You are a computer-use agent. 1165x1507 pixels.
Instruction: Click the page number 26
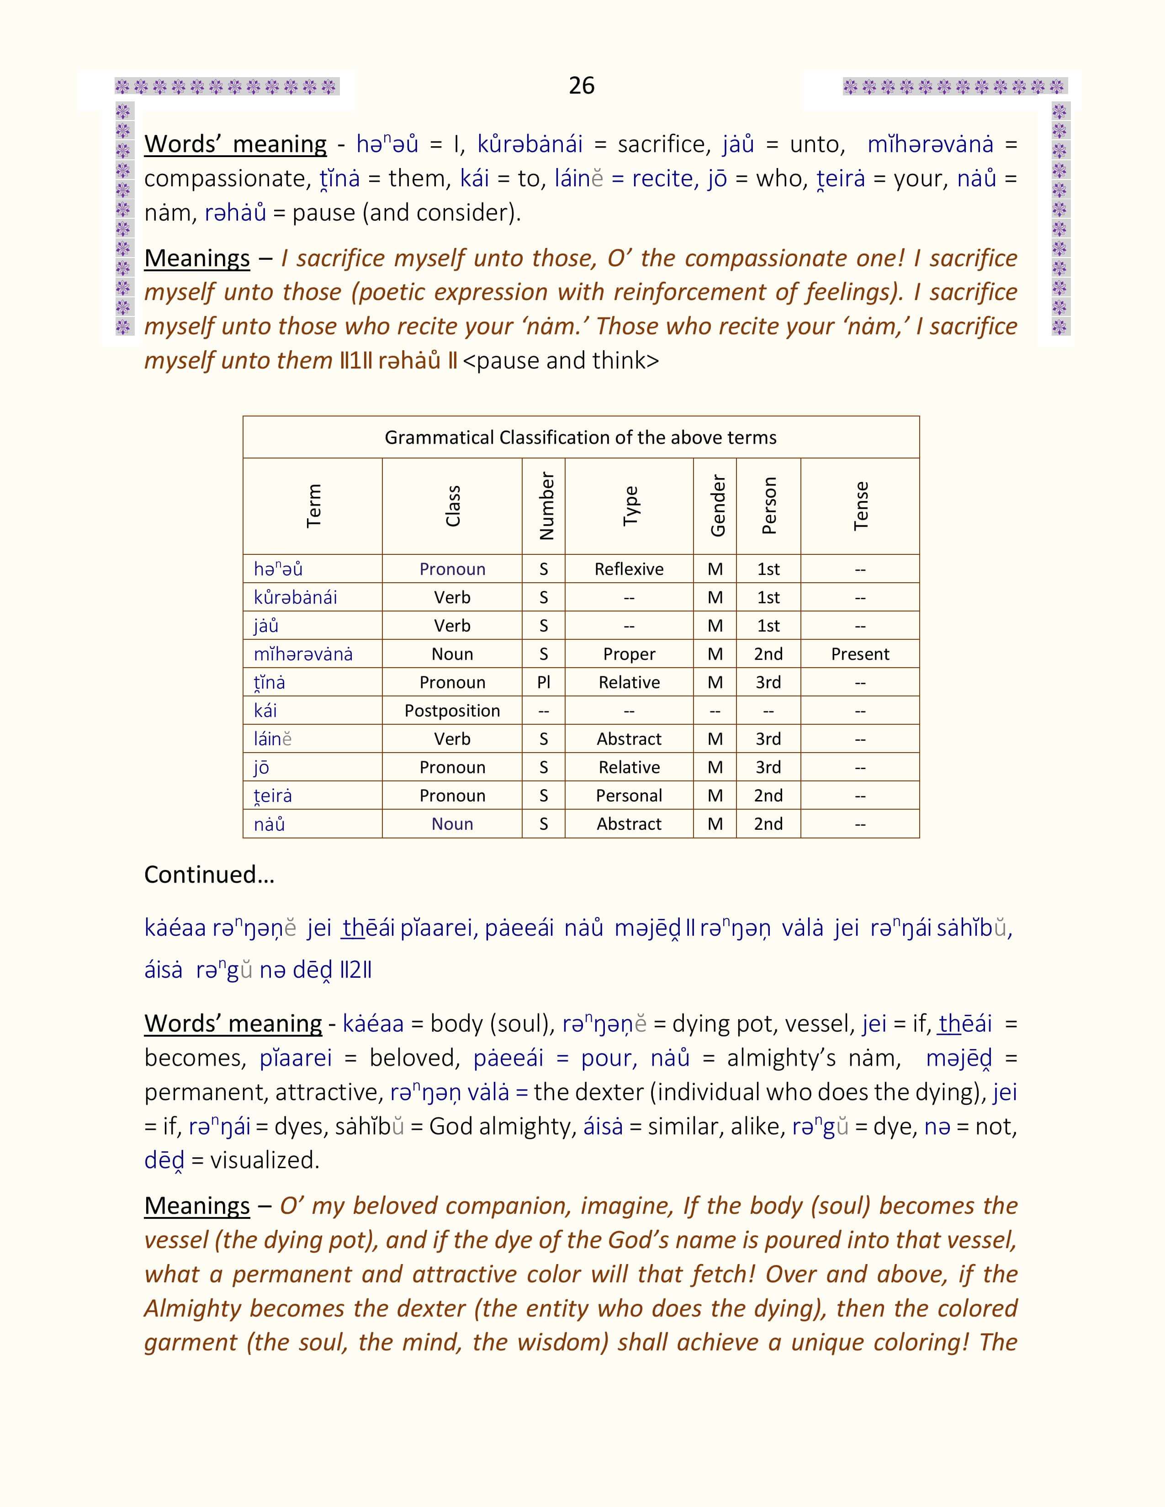581,85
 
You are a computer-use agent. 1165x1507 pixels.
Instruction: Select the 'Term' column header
313,506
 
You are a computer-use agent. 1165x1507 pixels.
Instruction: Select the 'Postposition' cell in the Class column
452,711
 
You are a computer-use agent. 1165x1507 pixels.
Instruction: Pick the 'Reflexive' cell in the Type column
629,569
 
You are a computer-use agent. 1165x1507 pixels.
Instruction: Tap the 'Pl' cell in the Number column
543,682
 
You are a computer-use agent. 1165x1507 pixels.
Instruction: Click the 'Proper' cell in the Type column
629,654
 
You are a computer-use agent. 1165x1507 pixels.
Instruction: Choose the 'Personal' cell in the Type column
629,796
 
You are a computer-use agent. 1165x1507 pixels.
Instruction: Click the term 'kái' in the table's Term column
266,711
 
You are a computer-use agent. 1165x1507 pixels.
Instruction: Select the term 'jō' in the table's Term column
262,767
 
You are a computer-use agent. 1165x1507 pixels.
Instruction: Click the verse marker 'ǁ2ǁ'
356,970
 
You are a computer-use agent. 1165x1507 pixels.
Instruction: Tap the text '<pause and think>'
561,361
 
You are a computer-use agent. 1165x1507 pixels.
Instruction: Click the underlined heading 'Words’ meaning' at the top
235,144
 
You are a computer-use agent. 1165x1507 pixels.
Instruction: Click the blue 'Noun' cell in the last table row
452,824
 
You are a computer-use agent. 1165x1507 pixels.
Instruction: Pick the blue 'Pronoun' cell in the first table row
452,569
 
